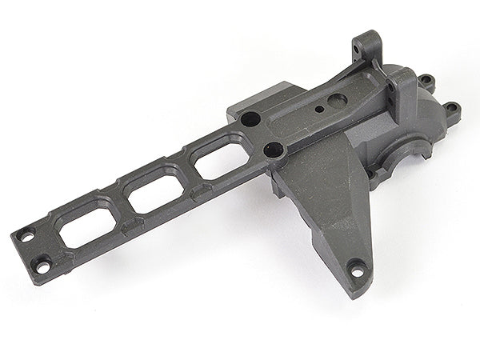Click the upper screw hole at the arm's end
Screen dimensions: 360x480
click(x=26, y=237)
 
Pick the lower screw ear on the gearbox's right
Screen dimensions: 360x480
click(x=453, y=108)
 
